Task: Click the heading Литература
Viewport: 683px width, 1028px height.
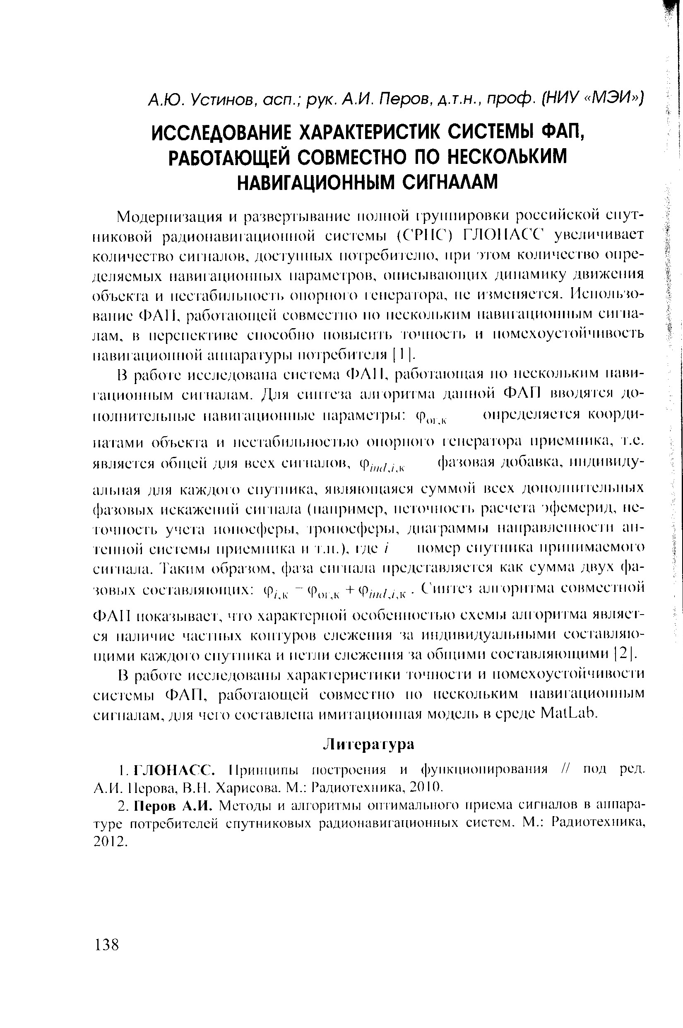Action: pos(368,744)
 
